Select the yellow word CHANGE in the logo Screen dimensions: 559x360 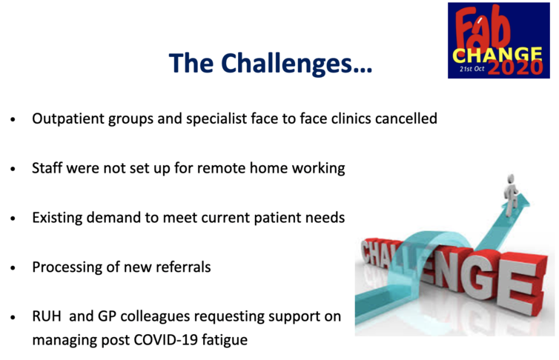(497, 56)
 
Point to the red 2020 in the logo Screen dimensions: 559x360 (515, 67)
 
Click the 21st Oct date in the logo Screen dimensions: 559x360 (472, 69)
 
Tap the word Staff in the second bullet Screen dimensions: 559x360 (47, 167)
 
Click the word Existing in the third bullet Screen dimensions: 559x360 (57, 218)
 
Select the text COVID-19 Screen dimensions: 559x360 (165, 339)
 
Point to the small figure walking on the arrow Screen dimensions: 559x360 (511, 194)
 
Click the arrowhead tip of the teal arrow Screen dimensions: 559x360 (529, 203)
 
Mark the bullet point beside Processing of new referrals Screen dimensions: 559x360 (13, 267)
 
